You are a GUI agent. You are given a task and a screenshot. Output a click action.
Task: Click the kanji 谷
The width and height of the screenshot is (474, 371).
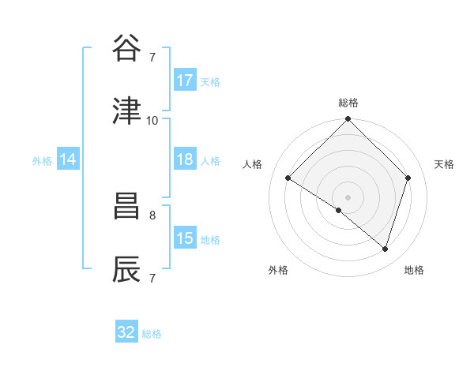point(127,50)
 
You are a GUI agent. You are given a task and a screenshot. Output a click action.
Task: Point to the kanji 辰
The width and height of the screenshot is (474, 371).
point(127,268)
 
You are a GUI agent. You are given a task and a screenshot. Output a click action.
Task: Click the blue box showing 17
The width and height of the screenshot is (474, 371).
point(185,81)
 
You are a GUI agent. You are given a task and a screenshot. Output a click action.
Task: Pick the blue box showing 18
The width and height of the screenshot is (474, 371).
point(185,159)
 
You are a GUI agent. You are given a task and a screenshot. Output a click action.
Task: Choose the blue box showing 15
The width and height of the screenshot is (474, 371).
point(185,238)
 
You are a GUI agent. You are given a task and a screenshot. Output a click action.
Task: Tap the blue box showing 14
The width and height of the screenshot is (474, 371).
point(68,159)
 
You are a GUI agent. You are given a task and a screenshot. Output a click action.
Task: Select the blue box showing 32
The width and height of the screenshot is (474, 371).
point(126,332)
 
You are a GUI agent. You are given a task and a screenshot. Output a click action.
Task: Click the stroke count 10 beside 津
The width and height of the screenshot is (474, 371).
point(152,120)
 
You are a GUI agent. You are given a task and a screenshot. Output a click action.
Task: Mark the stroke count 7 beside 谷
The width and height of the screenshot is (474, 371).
point(152,57)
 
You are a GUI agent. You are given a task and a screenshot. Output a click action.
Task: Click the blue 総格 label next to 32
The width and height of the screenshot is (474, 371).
point(152,334)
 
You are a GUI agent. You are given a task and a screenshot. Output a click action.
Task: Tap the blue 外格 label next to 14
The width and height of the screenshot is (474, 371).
point(42,160)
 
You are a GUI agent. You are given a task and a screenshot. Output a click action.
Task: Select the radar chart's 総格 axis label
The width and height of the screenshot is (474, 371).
point(348,103)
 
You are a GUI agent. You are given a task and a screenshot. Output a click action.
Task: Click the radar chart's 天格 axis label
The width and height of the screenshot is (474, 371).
point(445,164)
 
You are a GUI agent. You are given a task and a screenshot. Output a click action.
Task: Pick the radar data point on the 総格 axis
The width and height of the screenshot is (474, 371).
point(348,120)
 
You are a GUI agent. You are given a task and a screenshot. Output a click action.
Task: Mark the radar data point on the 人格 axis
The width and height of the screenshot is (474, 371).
point(288,178)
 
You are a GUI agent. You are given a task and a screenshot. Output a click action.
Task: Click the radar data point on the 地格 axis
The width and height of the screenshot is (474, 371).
point(386,249)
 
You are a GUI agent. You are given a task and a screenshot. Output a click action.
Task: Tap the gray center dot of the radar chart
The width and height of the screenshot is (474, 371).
point(348,197)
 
